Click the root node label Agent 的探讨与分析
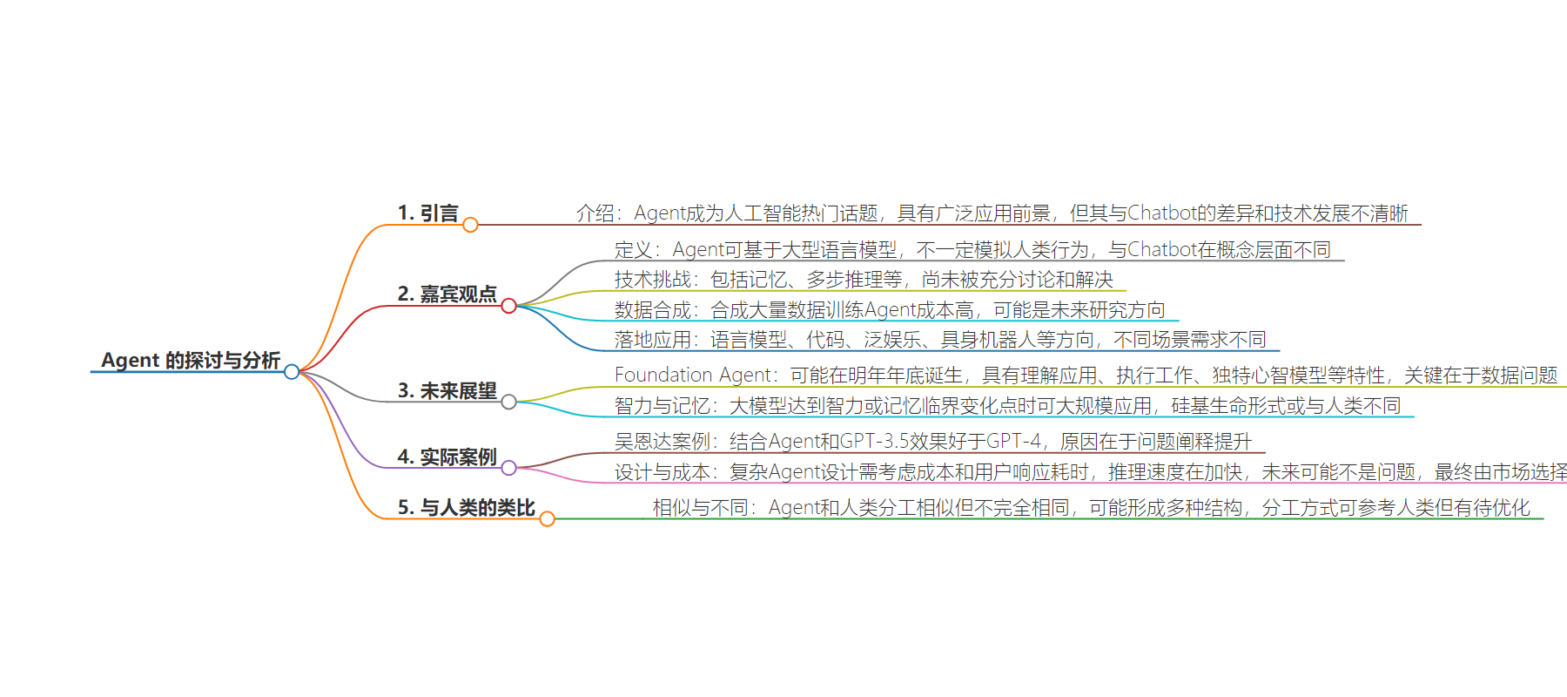190,360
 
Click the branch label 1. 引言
427,213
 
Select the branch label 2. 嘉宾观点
447,294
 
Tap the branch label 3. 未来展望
447,391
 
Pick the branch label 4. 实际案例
447,457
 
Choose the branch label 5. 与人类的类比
466,508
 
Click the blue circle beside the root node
292,372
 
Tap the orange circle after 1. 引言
470,226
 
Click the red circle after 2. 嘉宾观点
509,306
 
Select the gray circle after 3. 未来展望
509,402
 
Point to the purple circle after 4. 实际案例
509,468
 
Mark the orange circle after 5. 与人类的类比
547,519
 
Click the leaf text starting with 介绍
992,213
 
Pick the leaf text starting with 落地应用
940,340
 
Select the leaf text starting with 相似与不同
1091,508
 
